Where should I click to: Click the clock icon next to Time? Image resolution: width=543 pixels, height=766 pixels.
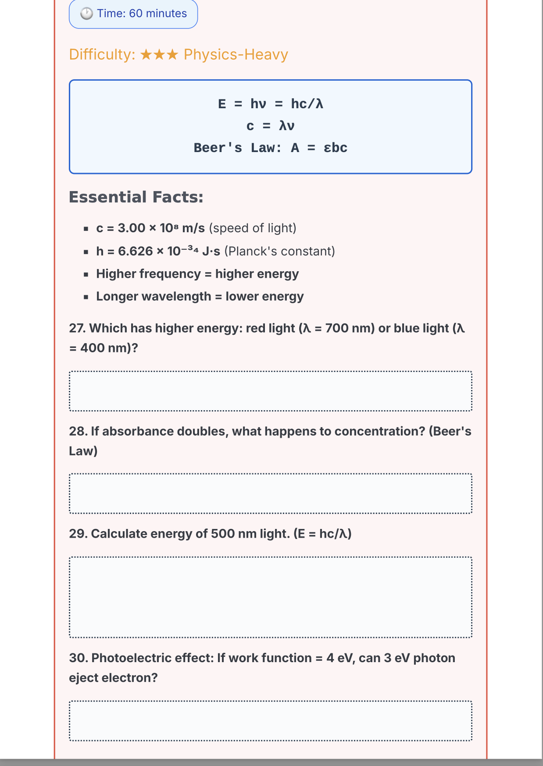(86, 14)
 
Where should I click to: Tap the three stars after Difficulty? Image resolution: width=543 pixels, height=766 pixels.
(159, 55)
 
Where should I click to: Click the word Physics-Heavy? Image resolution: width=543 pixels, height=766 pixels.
(236, 55)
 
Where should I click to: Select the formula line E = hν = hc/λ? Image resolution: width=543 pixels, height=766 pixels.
(271, 104)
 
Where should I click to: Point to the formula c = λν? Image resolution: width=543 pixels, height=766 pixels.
(271, 126)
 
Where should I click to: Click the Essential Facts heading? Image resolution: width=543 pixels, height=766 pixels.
(136, 197)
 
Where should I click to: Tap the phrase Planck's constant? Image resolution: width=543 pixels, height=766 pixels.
(279, 251)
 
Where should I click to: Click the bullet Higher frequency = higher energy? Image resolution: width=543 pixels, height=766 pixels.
(197, 274)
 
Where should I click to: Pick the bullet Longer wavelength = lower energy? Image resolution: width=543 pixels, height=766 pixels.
(200, 297)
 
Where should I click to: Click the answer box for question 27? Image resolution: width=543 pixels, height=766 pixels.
(271, 391)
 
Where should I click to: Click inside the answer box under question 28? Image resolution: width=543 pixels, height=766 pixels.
(271, 493)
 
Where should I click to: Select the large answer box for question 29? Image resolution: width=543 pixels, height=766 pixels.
(271, 597)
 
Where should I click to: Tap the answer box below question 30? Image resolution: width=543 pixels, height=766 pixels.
(271, 720)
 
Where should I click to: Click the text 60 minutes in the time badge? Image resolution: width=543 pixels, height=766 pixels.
(158, 14)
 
